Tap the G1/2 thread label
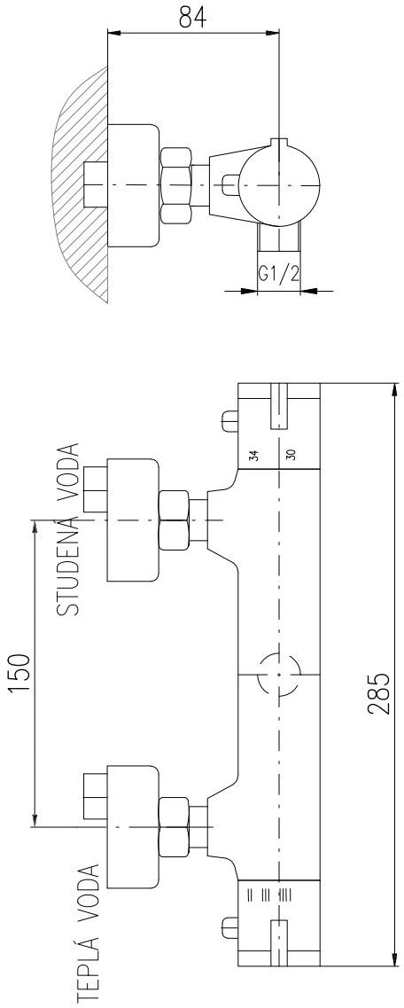point(279,275)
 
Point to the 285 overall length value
point(379,693)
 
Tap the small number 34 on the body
point(254,456)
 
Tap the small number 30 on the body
point(291,455)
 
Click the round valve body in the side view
point(279,186)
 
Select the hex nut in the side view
point(175,185)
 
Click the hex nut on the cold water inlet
point(174,520)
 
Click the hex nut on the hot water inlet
point(174,826)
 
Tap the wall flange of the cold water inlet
point(132,520)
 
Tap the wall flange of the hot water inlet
point(132,827)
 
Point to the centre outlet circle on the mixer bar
point(279,675)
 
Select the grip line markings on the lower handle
point(268,895)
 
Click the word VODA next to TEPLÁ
point(89,891)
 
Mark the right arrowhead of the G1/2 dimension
point(309,291)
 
